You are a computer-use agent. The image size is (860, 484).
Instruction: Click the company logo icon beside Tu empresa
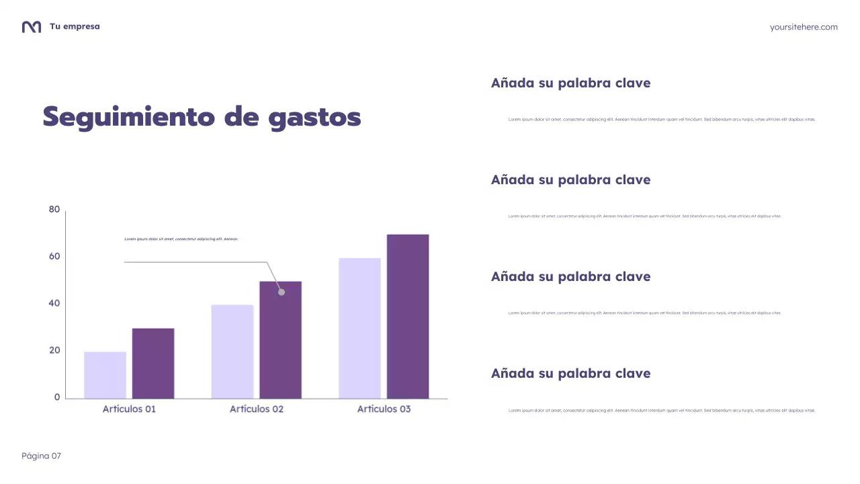pyautogui.click(x=32, y=27)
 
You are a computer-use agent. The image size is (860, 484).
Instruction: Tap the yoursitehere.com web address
pyautogui.click(x=804, y=27)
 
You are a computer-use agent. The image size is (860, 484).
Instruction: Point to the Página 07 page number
pyautogui.click(x=41, y=456)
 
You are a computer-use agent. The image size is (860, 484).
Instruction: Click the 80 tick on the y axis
pyautogui.click(x=54, y=210)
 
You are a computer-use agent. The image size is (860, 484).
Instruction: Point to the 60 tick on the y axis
pyautogui.click(x=54, y=256)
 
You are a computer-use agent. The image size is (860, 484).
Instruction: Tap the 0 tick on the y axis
pyautogui.click(x=57, y=397)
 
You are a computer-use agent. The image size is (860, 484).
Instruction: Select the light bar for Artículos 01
pyautogui.click(x=105, y=375)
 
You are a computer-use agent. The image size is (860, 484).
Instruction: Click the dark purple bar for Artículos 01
pyautogui.click(x=153, y=363)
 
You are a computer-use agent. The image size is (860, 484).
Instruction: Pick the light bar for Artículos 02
pyautogui.click(x=232, y=352)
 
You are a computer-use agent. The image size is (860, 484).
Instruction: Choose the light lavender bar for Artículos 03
pyautogui.click(x=359, y=328)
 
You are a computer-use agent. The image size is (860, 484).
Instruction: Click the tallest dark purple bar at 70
pyautogui.click(x=408, y=316)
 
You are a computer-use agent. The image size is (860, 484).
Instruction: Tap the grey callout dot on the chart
pyautogui.click(x=282, y=292)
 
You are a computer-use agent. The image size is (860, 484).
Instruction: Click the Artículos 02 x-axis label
pyautogui.click(x=257, y=409)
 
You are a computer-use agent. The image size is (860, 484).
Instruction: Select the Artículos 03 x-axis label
pyautogui.click(x=384, y=409)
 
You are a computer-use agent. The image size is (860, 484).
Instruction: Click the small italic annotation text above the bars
pyautogui.click(x=181, y=239)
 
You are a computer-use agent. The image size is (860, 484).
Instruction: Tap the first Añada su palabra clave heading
pyautogui.click(x=570, y=83)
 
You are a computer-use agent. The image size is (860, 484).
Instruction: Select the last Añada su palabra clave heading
pyautogui.click(x=570, y=374)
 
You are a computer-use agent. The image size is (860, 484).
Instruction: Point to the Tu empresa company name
pyautogui.click(x=75, y=27)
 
